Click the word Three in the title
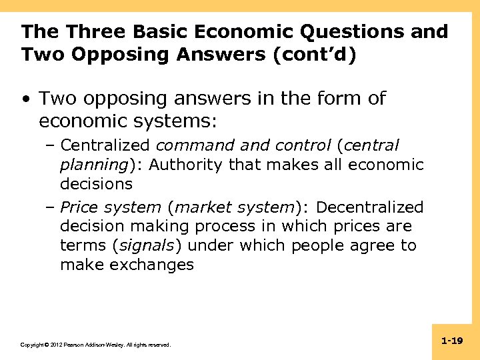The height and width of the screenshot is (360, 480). tap(89, 31)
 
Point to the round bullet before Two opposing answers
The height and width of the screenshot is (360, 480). tap(25, 99)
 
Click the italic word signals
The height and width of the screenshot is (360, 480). tap(146, 245)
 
